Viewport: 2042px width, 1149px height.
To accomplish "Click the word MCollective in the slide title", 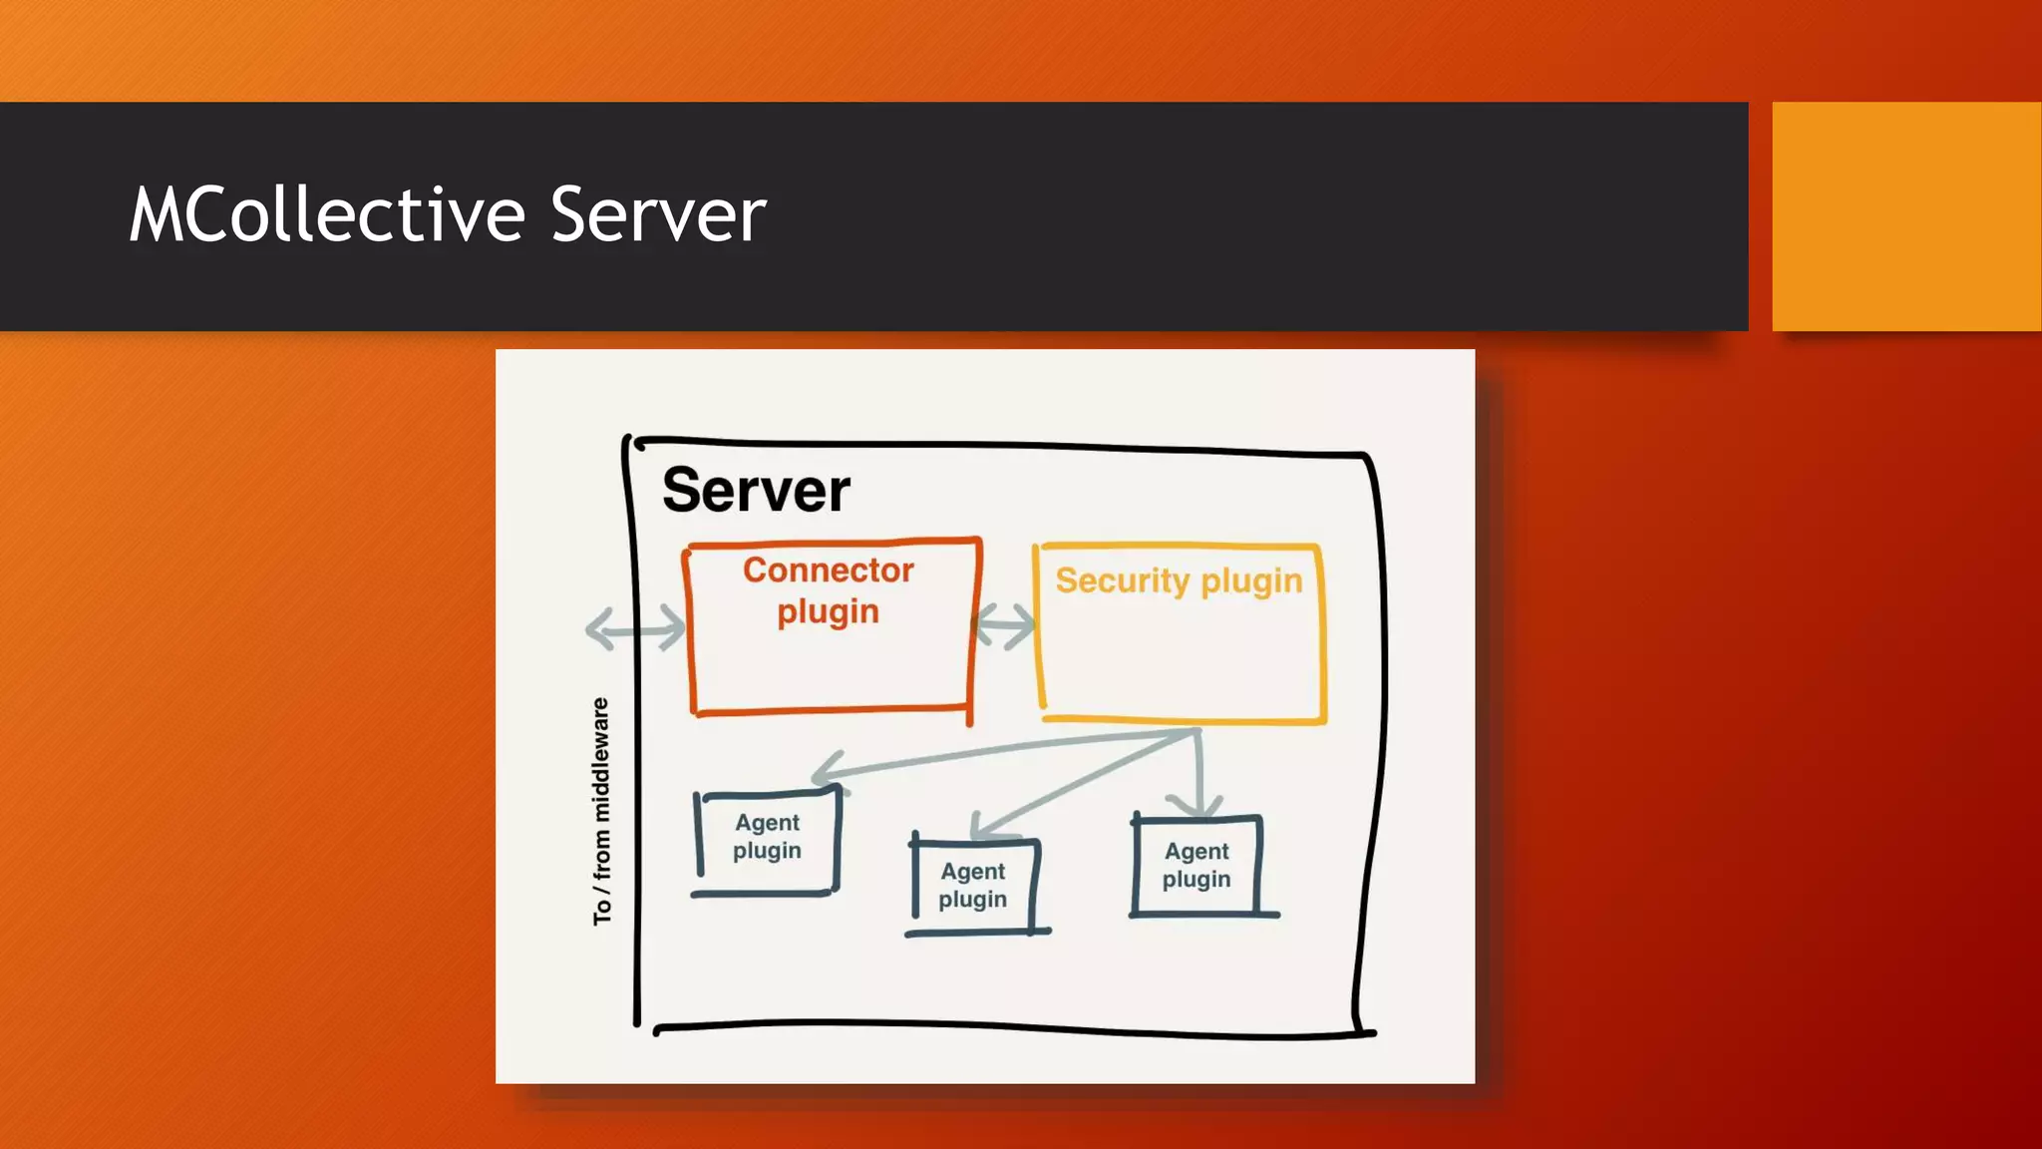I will point(327,214).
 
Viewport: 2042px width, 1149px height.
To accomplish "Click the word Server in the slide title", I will point(658,214).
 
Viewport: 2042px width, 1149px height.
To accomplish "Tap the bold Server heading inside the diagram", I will point(756,490).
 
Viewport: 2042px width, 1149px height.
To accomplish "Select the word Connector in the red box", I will point(828,570).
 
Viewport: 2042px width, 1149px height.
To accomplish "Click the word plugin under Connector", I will point(828,611).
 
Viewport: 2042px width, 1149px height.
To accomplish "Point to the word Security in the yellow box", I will point(1123,579).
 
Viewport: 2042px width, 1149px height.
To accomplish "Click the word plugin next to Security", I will point(1251,580).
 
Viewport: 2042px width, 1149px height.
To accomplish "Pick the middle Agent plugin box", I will point(973,886).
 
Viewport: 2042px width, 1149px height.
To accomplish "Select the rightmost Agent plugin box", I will point(1196,865).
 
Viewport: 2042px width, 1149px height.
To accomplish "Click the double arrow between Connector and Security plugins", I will point(1005,626).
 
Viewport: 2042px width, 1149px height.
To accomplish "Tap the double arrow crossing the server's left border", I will point(635,629).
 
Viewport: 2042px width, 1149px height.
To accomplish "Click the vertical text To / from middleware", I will point(601,811).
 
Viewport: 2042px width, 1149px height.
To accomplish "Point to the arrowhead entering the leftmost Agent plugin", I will point(824,774).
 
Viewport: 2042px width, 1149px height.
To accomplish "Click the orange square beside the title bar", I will point(1906,215).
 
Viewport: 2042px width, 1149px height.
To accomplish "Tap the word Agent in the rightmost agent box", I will point(1196,851).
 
